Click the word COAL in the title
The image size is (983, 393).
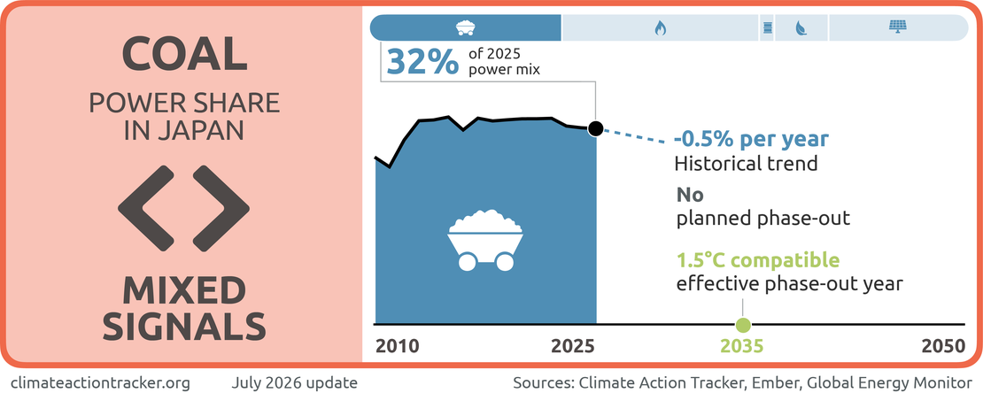[x=183, y=54]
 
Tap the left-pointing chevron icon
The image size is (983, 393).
[x=145, y=206]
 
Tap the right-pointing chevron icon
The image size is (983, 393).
[x=221, y=206]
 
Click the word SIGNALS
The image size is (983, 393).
[x=184, y=326]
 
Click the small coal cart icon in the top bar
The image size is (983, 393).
[x=465, y=27]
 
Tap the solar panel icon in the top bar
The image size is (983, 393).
[x=899, y=27]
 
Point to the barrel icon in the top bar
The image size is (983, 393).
[x=767, y=27]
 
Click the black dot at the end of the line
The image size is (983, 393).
[x=596, y=128]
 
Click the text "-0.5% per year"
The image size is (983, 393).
[x=751, y=139]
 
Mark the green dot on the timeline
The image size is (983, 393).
[x=743, y=325]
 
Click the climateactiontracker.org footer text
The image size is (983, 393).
[x=100, y=381]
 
